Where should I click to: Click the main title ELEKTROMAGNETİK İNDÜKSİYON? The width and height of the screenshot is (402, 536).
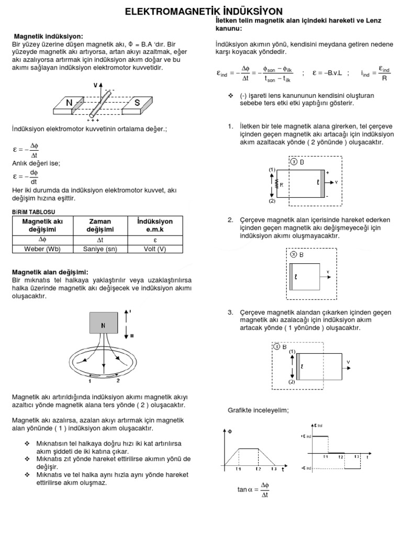click(x=204, y=11)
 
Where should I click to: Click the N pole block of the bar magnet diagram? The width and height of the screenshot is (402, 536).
click(x=69, y=103)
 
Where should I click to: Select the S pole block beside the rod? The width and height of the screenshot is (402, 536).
click(x=137, y=103)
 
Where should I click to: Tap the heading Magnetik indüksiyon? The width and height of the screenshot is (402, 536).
click(x=48, y=36)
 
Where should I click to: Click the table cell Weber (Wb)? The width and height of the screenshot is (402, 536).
click(x=42, y=249)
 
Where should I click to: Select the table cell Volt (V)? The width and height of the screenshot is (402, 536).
click(x=154, y=249)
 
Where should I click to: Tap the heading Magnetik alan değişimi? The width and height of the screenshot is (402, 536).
click(x=50, y=272)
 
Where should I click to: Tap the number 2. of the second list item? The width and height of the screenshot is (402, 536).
click(x=231, y=219)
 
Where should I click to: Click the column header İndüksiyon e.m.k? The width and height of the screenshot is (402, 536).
click(x=154, y=226)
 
